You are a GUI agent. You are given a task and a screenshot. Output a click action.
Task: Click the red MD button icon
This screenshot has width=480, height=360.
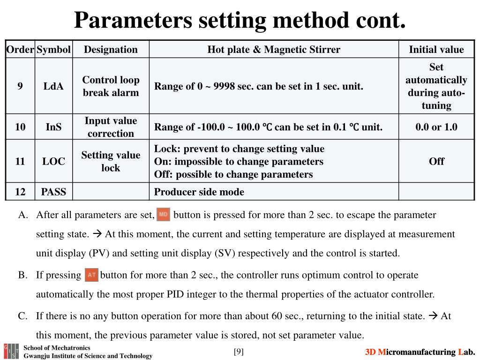point(163,215)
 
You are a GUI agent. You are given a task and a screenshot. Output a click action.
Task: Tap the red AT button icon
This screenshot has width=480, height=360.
point(91,275)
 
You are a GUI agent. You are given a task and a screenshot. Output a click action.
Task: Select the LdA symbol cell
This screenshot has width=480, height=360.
point(53,86)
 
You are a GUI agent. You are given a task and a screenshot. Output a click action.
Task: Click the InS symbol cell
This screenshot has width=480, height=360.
point(53,127)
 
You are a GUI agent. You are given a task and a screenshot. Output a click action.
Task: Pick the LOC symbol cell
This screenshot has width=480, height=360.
point(53,161)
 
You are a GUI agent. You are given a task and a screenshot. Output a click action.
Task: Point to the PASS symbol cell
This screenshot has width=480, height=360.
point(53,192)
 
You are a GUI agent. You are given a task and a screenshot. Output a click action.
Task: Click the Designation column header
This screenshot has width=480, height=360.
point(111,50)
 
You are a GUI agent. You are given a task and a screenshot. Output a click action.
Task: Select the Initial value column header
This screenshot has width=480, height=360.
point(436,50)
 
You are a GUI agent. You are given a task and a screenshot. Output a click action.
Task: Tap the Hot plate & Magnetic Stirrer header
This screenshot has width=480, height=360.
point(274,50)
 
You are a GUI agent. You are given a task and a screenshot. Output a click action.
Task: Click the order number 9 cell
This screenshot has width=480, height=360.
point(20,86)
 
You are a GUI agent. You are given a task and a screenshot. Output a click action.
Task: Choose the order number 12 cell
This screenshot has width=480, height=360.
point(20,192)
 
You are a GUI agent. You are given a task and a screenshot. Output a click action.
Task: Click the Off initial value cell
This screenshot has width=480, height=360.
point(436,161)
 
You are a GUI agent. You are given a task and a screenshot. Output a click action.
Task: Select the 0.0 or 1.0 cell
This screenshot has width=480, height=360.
point(436,127)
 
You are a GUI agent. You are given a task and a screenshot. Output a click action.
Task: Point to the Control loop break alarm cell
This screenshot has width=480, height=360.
point(111,86)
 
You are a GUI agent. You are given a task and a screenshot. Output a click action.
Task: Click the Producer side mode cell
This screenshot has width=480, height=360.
point(199,192)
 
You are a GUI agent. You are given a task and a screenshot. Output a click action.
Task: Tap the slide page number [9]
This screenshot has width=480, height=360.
point(239,352)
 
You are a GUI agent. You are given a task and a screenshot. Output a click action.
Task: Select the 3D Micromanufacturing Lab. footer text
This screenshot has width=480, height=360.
point(420,352)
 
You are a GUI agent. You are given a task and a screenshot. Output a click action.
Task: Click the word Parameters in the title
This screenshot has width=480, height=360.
point(133,20)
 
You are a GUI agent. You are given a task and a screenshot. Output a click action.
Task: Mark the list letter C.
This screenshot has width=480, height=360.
point(22,316)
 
